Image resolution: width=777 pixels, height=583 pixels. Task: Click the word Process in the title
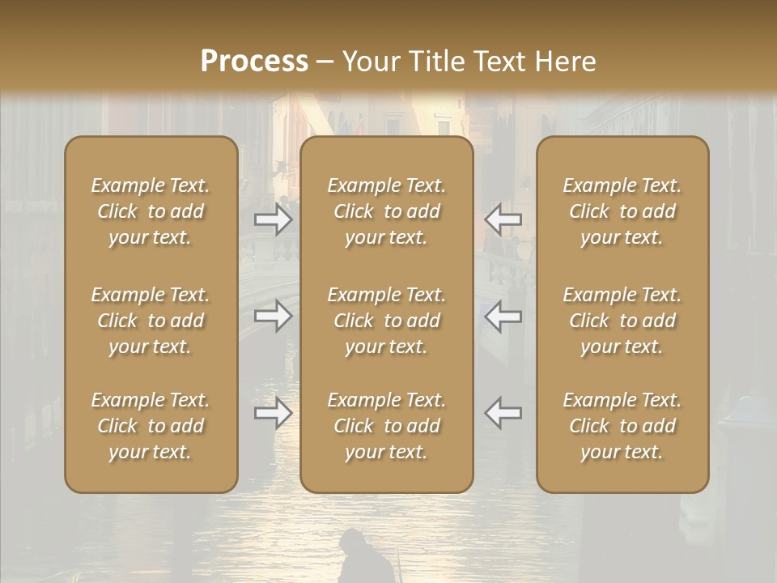(x=254, y=62)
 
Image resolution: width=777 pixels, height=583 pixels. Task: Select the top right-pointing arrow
(x=274, y=219)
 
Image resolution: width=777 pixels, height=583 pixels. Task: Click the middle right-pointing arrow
(x=274, y=316)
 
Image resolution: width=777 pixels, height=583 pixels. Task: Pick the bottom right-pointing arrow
(x=274, y=413)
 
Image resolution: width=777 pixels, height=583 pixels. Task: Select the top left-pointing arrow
(x=503, y=219)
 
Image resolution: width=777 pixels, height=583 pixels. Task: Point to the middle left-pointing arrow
(x=503, y=316)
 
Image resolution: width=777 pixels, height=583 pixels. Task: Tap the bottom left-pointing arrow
(x=503, y=413)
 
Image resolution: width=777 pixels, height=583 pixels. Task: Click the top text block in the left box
(x=151, y=211)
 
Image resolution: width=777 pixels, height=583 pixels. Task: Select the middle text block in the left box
(x=151, y=321)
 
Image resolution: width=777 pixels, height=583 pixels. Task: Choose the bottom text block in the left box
(x=151, y=426)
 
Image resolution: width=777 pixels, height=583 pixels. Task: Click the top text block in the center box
(x=387, y=211)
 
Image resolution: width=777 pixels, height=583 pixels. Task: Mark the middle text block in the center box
(x=387, y=321)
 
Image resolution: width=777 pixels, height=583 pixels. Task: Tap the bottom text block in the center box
(x=387, y=426)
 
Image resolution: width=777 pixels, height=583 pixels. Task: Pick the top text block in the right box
(x=622, y=211)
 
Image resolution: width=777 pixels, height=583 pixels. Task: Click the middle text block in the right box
(x=622, y=321)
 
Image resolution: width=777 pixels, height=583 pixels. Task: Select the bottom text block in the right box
(x=622, y=426)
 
